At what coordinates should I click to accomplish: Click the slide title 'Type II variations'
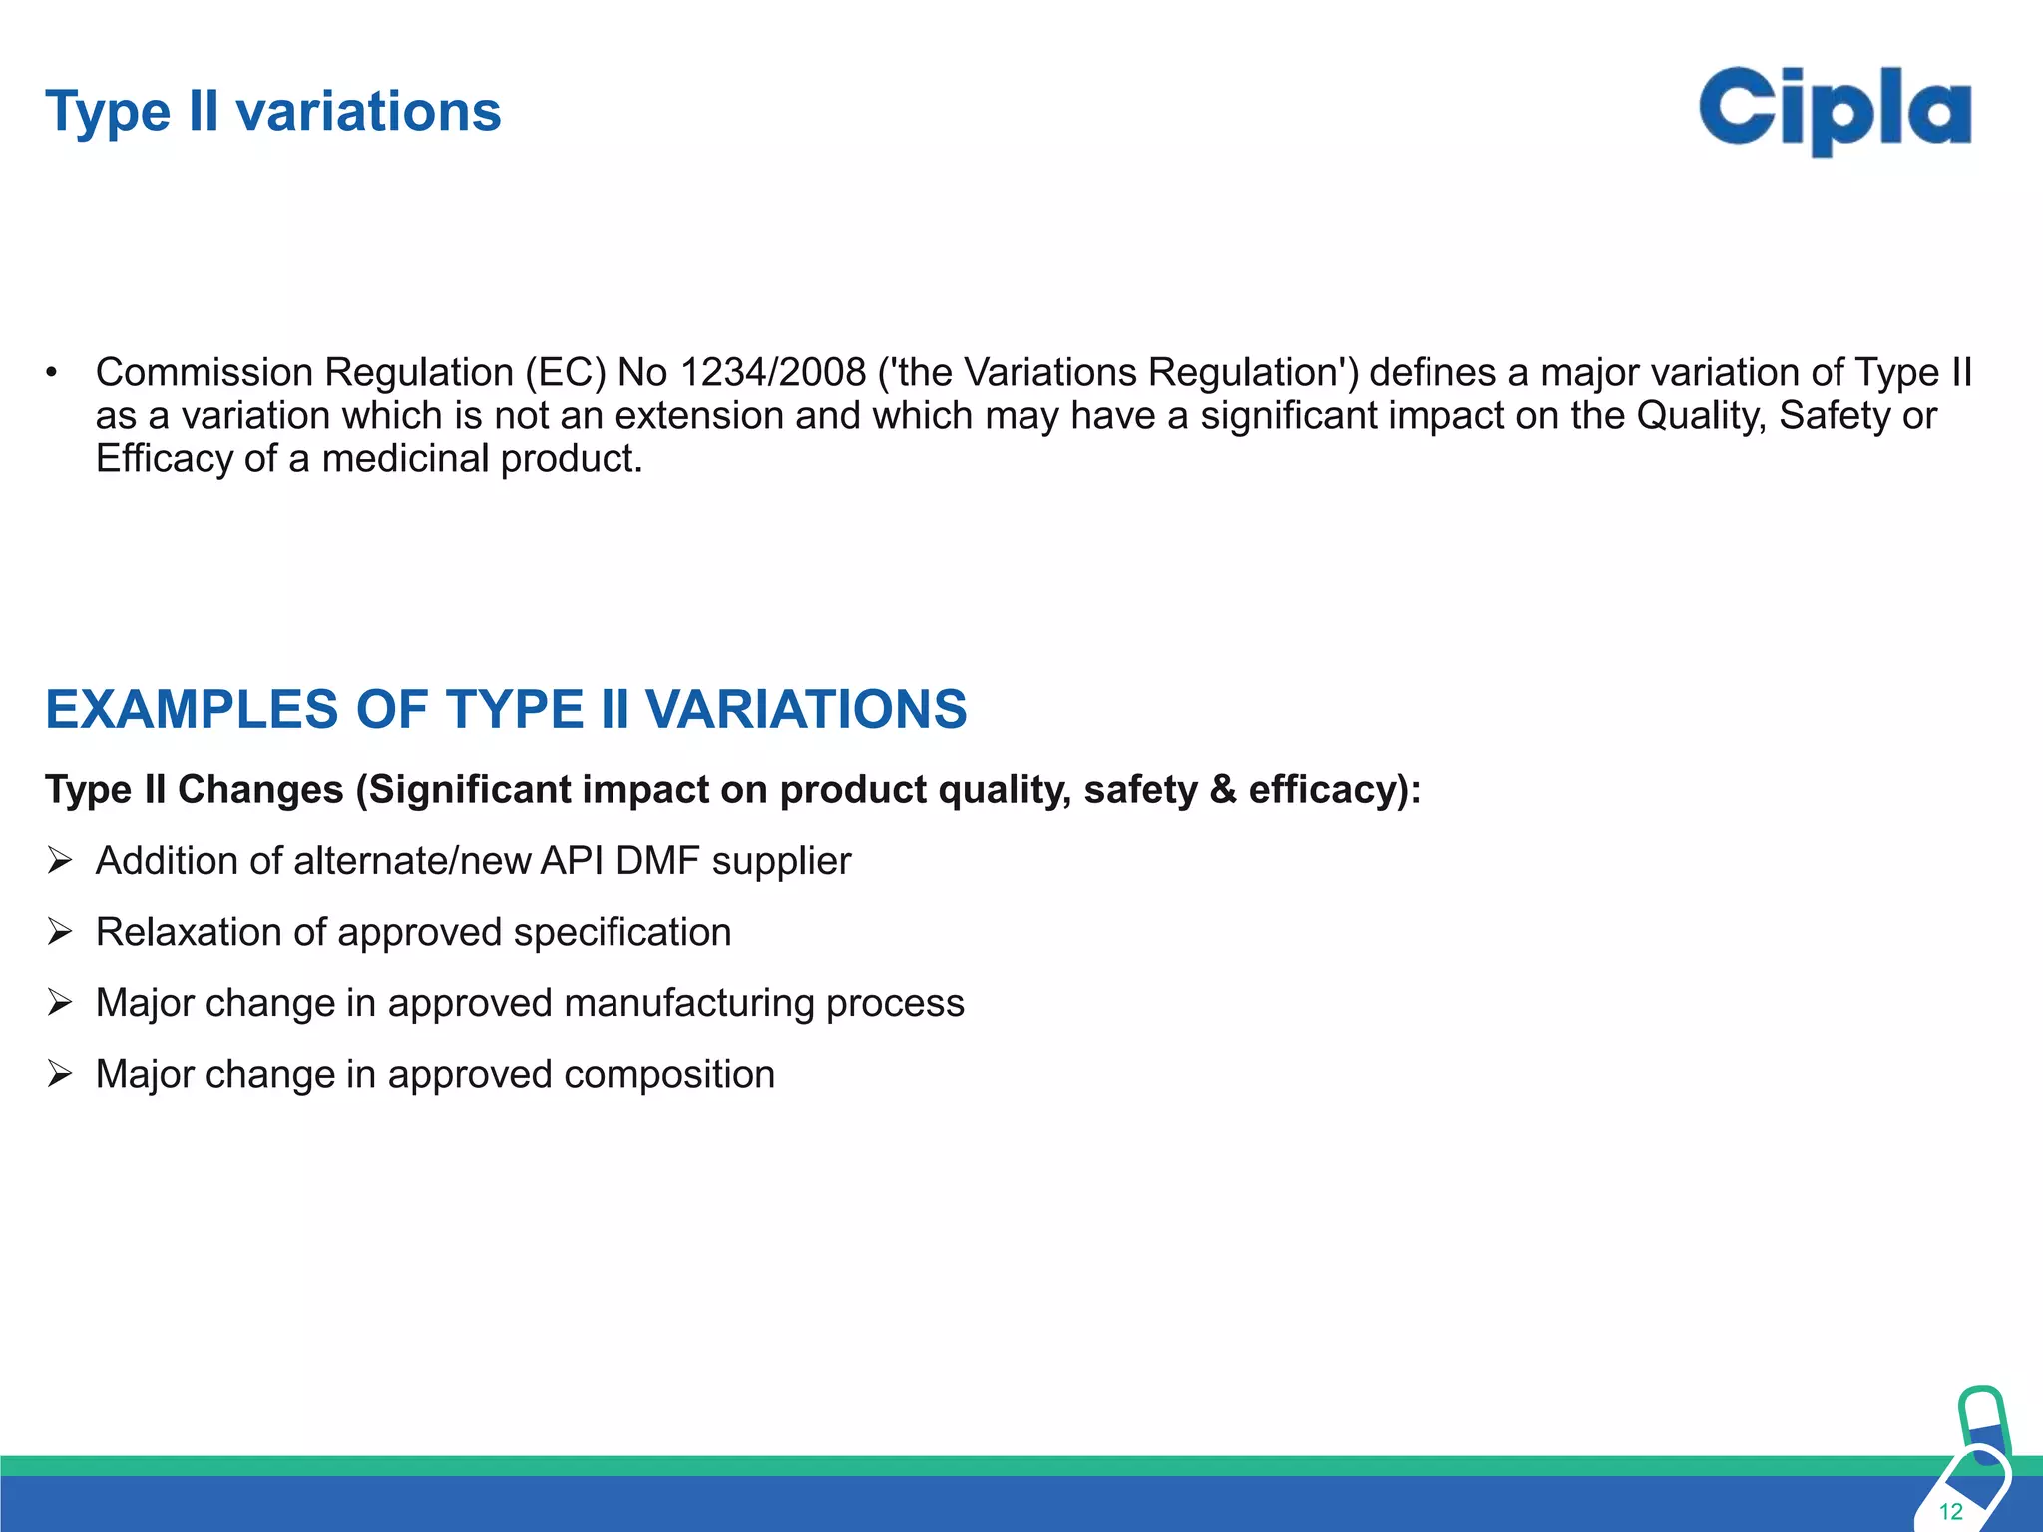coord(272,111)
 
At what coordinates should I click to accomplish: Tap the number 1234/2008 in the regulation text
coord(772,373)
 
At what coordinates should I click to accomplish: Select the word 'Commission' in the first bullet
coord(204,373)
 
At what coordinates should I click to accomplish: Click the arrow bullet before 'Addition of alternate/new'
coord(60,860)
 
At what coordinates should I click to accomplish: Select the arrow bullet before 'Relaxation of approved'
coord(60,932)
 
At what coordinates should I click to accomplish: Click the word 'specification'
coord(622,933)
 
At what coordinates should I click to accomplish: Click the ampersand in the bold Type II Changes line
coord(1223,790)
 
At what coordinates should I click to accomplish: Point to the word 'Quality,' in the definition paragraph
coord(1701,416)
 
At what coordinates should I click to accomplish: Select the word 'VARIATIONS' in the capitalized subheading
coord(806,710)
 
